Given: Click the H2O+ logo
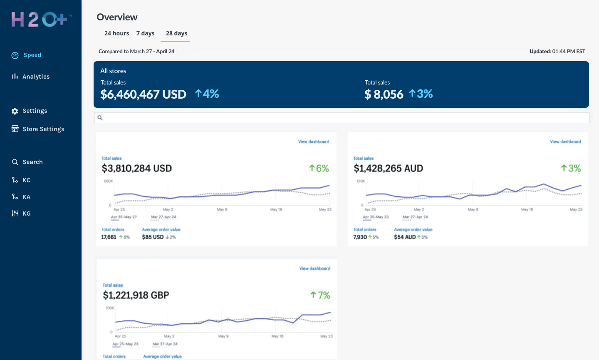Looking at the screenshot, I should click(x=41, y=20).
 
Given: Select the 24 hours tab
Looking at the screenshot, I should click(x=116, y=33).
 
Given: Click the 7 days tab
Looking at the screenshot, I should click(x=145, y=33).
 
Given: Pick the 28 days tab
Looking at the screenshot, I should click(x=176, y=33).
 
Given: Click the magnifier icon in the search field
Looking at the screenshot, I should click(x=100, y=118).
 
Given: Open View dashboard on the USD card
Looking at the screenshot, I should click(x=313, y=142).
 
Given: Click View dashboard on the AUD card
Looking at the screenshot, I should click(x=565, y=142).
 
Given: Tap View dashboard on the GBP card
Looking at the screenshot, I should click(x=314, y=269).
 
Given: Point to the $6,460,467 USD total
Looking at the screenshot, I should click(x=143, y=94).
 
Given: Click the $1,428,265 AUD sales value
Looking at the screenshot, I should click(x=388, y=169).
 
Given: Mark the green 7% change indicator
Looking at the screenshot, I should click(x=320, y=295).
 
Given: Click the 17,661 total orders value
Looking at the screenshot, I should click(x=109, y=237).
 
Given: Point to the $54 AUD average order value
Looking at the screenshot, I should click(x=405, y=237).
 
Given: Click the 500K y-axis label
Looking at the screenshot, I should click(x=108, y=181).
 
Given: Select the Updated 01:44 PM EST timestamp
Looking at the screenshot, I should click(x=557, y=52).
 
